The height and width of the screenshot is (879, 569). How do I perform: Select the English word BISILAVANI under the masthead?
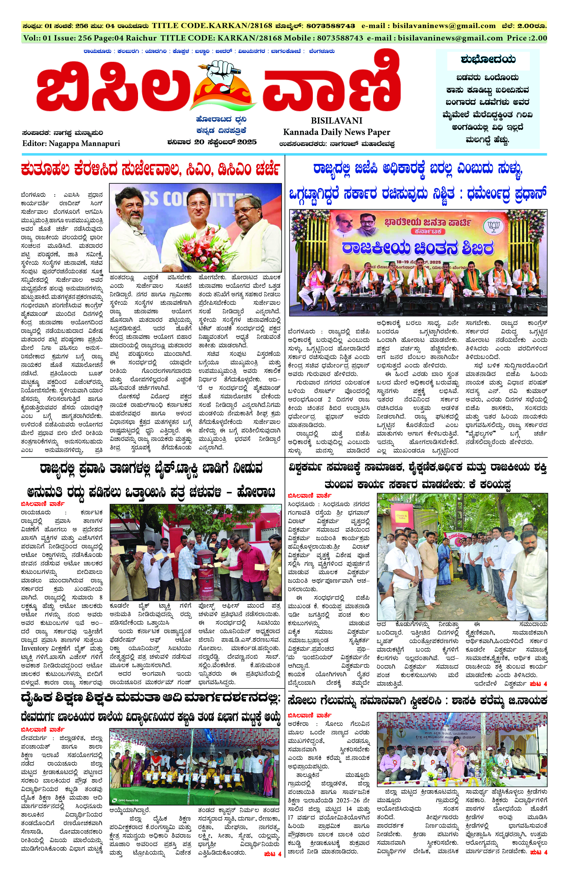pyautogui.click(x=337, y=121)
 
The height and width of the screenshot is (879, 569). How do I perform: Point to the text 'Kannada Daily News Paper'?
pyautogui.click(x=337, y=132)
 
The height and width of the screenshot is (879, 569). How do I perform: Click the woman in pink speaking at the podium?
pyautogui.click(x=457, y=756)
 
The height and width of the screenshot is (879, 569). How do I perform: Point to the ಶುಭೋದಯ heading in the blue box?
pyautogui.click(x=488, y=60)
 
